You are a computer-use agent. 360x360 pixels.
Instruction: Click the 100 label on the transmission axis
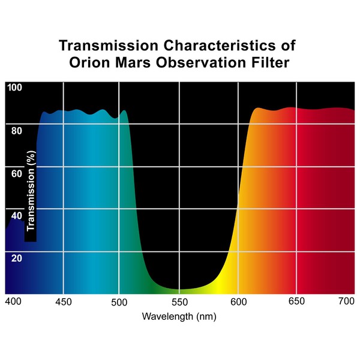(14, 88)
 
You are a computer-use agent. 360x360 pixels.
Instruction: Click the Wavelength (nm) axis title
(179, 316)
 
